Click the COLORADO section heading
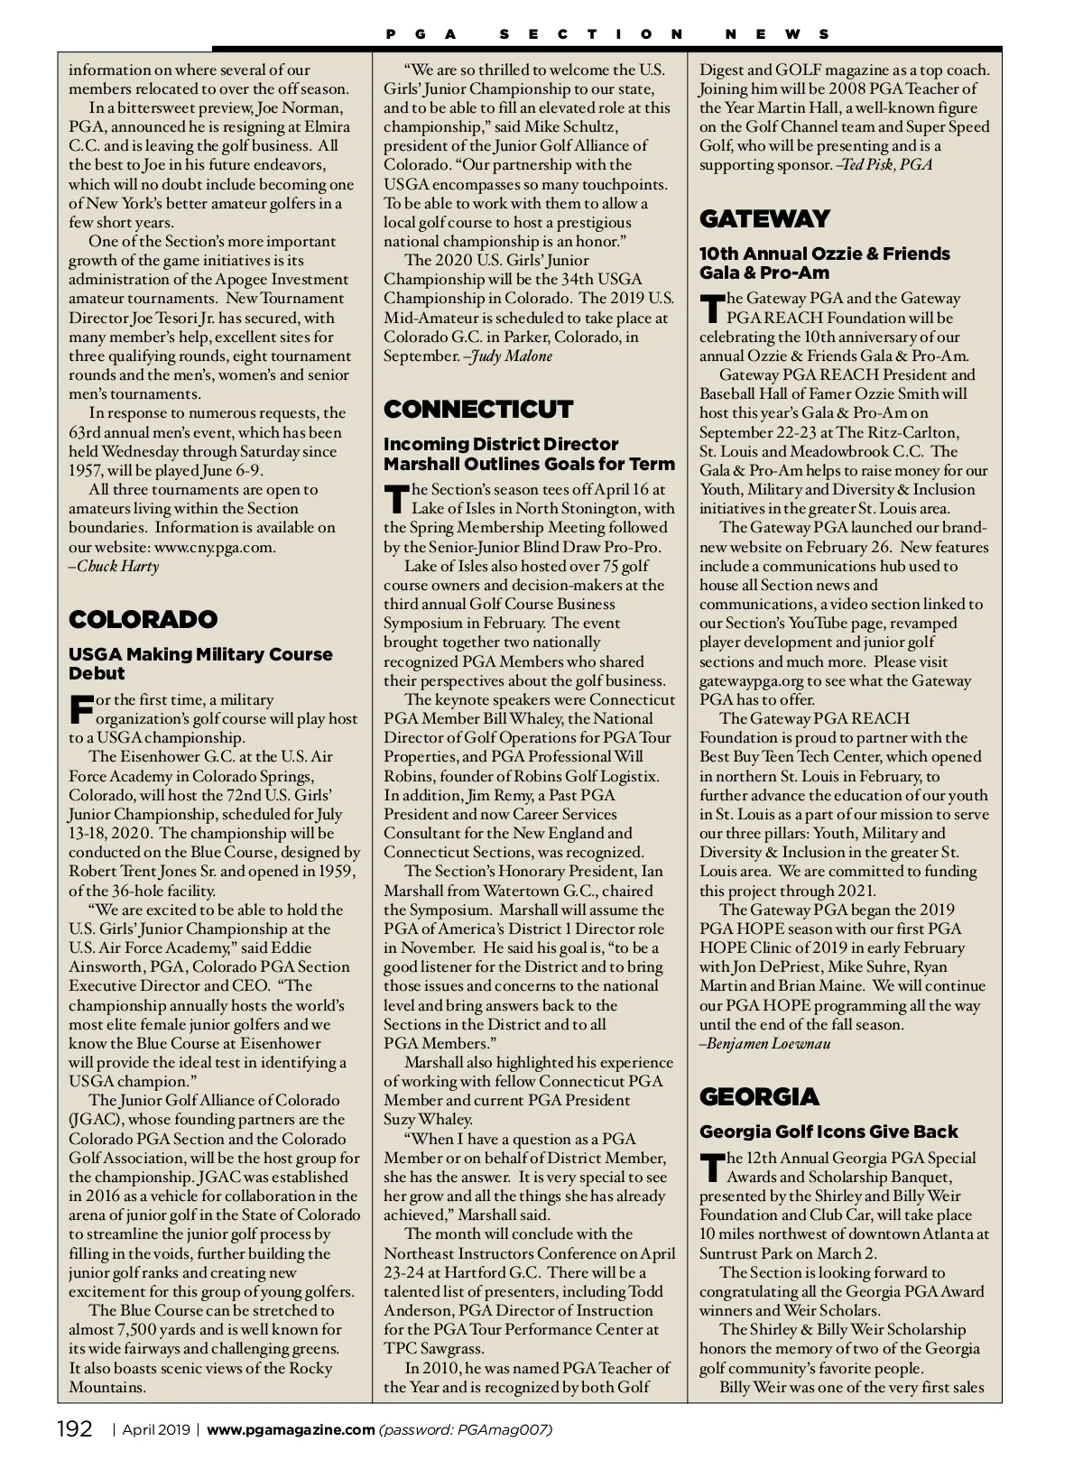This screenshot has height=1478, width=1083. click(143, 619)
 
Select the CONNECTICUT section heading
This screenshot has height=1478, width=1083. click(478, 409)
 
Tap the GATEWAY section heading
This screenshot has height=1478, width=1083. click(764, 218)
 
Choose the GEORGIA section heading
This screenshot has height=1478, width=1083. click(759, 1096)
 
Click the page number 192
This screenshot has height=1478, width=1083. click(75, 1429)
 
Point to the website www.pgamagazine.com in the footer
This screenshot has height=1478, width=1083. click(291, 1429)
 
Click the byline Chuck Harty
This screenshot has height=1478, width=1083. click(116, 567)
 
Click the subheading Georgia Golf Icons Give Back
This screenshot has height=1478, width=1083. click(828, 1132)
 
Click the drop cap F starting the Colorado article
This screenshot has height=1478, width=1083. click(80, 708)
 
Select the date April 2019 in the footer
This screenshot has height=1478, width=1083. click(156, 1429)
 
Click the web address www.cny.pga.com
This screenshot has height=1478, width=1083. click(215, 547)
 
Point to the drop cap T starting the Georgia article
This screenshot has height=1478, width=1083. click(712, 1167)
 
